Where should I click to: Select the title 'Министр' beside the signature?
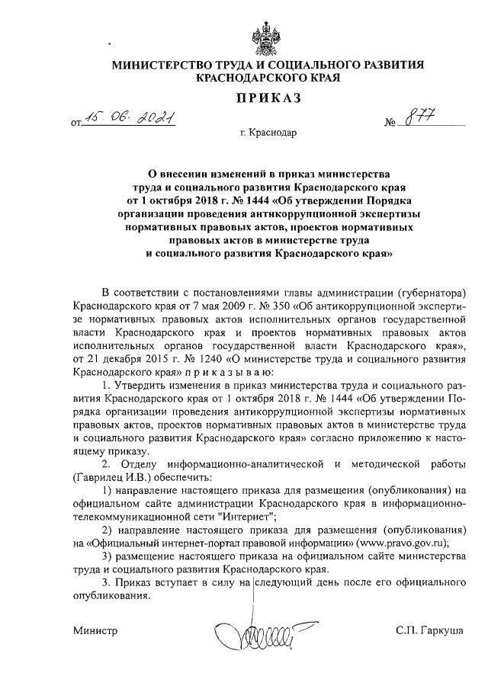pyautogui.click(x=96, y=632)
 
